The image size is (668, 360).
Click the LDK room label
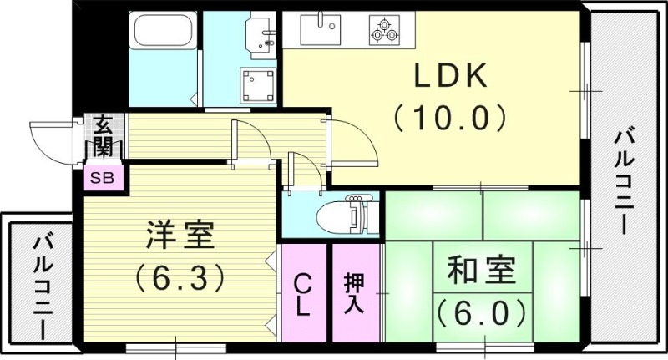pos(451,78)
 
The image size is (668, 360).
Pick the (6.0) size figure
pos(482,312)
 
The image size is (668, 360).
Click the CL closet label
pos(303,293)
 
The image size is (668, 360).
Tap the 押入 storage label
pos(354,292)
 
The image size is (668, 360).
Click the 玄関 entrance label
pos(103,137)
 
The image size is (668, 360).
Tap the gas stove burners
pos(386,29)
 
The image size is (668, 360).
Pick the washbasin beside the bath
pos(260,35)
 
